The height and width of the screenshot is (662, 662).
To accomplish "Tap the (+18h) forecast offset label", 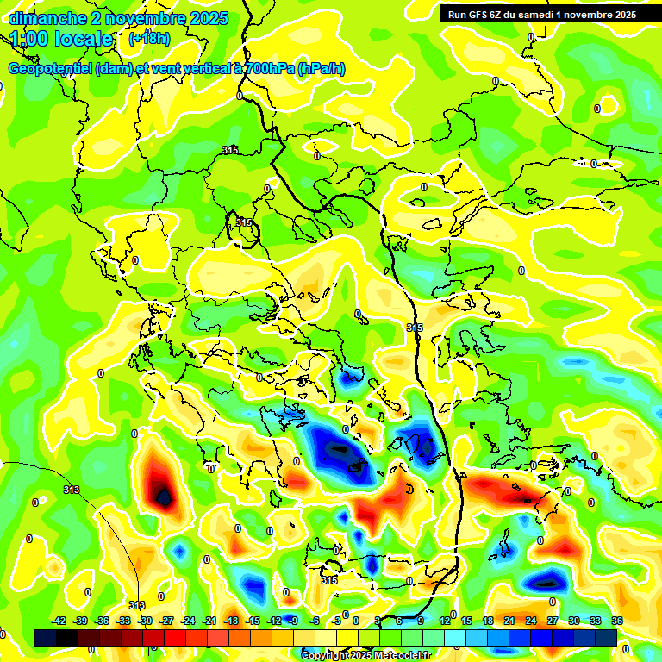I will (149, 39).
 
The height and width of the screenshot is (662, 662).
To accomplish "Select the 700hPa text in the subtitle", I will (269, 69).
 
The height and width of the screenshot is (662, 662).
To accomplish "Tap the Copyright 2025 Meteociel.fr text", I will (366, 655).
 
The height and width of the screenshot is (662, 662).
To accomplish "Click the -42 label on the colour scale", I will (59, 621).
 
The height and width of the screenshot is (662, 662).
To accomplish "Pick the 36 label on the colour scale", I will (616, 621).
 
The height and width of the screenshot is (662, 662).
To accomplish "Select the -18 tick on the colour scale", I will (231, 621).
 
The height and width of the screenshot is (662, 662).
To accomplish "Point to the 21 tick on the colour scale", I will (509, 621).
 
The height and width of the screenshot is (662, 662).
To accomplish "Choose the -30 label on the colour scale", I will (146, 621).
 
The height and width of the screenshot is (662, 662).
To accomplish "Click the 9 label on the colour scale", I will (421, 621).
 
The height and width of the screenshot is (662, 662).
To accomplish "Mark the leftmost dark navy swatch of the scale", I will (46, 638).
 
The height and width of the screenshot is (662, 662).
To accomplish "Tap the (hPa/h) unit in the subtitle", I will (321, 69).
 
